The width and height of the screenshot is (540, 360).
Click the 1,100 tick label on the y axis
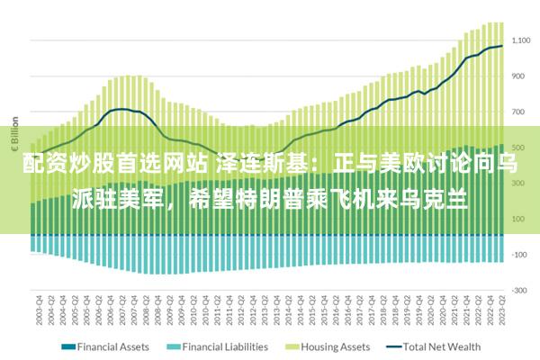[x=521, y=40]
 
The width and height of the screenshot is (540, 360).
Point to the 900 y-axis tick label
[x=518, y=76]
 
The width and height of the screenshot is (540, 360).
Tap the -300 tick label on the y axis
[x=519, y=290]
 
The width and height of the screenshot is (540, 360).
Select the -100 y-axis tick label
[x=519, y=255]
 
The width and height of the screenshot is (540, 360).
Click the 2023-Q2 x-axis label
[x=501, y=311]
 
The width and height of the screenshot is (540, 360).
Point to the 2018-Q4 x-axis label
[x=394, y=311]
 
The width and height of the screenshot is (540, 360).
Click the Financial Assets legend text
[x=114, y=346]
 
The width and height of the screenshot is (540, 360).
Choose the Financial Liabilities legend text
[x=225, y=346]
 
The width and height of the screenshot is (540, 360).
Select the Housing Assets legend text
[x=334, y=346]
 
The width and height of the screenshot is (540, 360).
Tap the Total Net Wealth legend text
[x=442, y=346]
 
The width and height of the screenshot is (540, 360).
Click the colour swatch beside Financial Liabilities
[x=174, y=346]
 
